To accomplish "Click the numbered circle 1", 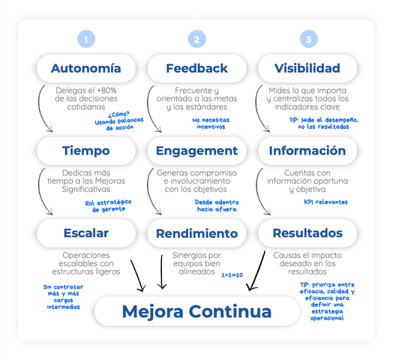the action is [x=86, y=39].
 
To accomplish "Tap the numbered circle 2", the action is [x=197, y=39].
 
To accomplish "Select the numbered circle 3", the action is [x=308, y=39].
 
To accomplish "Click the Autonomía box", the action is [x=86, y=68].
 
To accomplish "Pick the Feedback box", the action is [x=197, y=68].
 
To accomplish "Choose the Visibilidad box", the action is [x=307, y=68].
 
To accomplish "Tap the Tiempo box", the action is [x=86, y=151].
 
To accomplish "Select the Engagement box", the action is [x=197, y=151].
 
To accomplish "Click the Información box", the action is [x=307, y=151].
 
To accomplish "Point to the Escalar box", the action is [x=86, y=233].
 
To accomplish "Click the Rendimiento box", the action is [x=197, y=233].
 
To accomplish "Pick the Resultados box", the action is [x=307, y=233].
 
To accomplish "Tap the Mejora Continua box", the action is [x=197, y=311].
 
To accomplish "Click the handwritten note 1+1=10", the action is [x=232, y=274].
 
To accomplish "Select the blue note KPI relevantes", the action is [x=325, y=202].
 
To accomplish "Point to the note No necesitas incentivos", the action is [x=211, y=123].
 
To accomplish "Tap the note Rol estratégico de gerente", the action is [x=108, y=206].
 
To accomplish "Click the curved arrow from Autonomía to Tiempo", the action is [x=40, y=109].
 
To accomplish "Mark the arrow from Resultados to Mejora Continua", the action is [x=257, y=271].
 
